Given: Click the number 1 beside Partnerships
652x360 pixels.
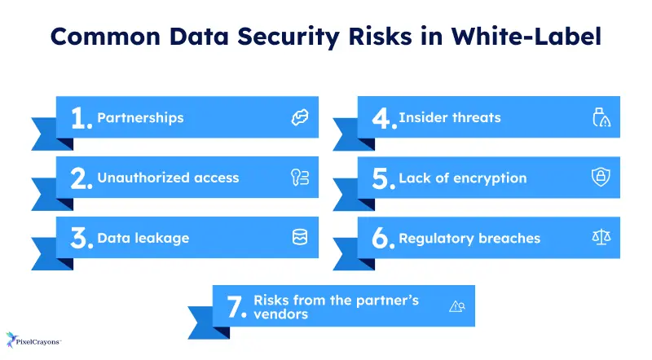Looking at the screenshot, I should tap(80, 118).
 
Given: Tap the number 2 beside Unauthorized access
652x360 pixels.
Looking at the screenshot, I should tap(81, 178).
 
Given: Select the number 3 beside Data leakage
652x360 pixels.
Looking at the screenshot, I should tap(81, 239).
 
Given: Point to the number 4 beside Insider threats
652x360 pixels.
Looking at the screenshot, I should tap(382, 118).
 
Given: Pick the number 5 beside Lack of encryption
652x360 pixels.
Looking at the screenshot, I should tap(382, 178).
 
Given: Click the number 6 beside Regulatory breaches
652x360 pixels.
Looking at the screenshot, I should tap(382, 239).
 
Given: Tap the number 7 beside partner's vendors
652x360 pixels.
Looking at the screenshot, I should tap(236, 307).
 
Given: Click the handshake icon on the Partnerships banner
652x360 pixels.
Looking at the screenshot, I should tap(299, 117).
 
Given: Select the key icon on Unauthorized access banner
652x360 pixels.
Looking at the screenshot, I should tap(299, 178).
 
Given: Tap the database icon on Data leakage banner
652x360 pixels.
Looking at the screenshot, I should tap(299, 238).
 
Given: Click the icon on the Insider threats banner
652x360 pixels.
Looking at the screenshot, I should tap(601, 117).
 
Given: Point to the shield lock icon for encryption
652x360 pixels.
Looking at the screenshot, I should tap(601, 178).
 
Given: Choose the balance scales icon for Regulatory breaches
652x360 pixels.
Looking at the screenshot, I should tap(601, 238).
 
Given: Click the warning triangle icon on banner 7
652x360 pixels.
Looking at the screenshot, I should tap(456, 306).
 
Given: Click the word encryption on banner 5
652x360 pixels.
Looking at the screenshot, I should tap(491, 178).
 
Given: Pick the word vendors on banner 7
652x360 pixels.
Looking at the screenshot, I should tap(281, 314).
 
